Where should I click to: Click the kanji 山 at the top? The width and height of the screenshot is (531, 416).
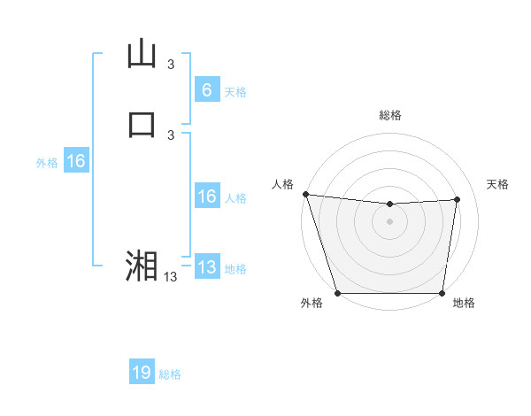tap(142, 54)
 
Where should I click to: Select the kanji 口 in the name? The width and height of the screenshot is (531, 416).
tap(142, 124)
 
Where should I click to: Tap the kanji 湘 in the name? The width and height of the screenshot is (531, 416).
tap(142, 266)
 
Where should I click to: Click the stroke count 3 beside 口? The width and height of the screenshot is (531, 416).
tap(171, 135)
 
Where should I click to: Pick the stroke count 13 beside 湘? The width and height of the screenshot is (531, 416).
tap(171, 276)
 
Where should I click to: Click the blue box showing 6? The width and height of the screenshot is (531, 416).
tap(206, 89)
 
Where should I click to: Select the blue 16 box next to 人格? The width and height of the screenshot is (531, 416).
tap(206, 196)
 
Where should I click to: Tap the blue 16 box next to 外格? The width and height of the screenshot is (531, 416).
tap(75, 161)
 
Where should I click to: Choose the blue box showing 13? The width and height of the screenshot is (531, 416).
tap(206, 267)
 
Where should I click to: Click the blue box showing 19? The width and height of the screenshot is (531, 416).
tap(142, 373)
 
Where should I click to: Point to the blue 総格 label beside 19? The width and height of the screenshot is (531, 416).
tap(170, 374)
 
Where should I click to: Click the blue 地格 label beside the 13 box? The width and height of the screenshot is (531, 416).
tap(235, 269)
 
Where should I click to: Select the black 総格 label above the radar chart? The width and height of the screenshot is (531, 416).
tap(389, 115)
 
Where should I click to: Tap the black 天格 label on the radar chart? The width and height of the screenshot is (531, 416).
tap(498, 184)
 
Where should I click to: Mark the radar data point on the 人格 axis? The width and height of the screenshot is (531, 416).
tap(305, 194)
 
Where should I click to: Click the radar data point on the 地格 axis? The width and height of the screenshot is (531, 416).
tap(442, 293)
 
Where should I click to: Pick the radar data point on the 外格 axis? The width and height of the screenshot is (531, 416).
tap(337, 293)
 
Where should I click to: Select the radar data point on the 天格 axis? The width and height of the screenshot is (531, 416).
tap(458, 199)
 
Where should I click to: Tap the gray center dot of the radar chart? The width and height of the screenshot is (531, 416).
tap(389, 221)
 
